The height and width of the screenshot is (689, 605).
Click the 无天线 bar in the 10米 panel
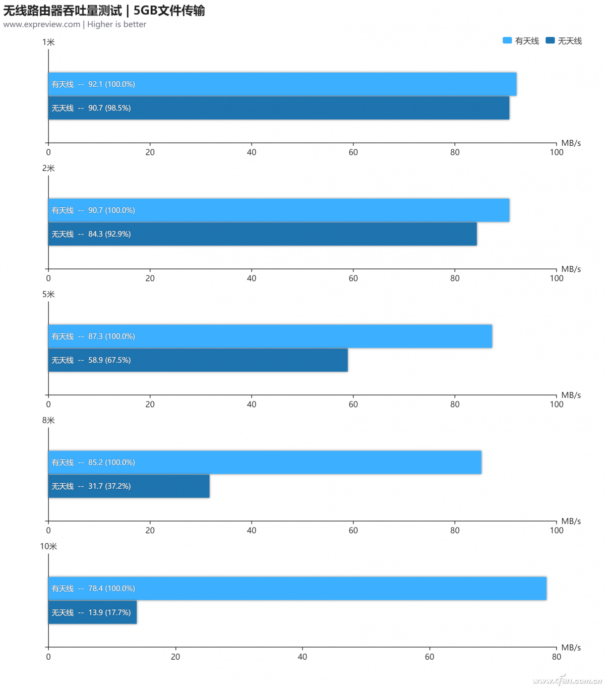point(92,612)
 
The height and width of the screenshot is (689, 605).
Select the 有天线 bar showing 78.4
point(297,589)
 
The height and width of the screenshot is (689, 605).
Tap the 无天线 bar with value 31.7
point(129,486)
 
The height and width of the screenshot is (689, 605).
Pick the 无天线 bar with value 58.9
point(198,360)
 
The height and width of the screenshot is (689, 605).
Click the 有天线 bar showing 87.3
point(270,336)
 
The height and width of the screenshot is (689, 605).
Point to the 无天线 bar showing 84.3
point(262,234)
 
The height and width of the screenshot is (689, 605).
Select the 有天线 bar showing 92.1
point(282,84)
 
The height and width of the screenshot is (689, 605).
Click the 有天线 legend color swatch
point(507,41)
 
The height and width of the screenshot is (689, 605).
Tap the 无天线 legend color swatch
point(550,41)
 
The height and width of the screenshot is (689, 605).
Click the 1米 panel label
point(48,42)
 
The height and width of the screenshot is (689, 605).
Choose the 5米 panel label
point(48,295)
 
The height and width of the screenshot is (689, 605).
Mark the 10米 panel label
point(48,547)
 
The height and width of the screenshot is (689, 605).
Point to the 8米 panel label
point(48,421)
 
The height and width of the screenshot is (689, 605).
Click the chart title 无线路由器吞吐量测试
point(63,11)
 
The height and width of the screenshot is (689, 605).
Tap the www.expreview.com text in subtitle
point(41,24)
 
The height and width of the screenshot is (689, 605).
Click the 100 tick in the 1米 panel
point(556,152)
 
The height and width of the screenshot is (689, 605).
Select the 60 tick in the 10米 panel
point(429,657)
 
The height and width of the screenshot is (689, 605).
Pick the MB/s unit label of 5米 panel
point(571,395)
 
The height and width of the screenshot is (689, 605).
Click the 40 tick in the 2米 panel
point(252,278)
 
